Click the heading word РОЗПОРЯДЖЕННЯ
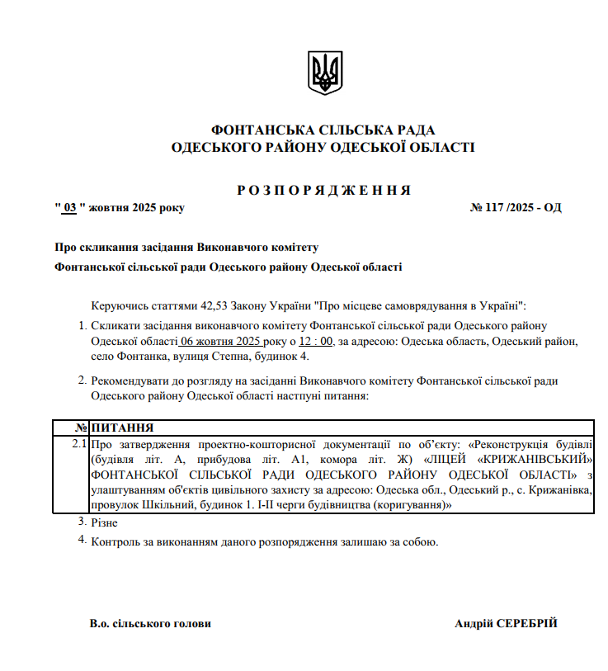click(x=323, y=191)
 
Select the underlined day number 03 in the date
click(x=70, y=207)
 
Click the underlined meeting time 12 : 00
click(x=315, y=341)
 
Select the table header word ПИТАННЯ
click(x=123, y=428)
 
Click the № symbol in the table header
click(x=81, y=428)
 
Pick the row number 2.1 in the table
click(x=79, y=445)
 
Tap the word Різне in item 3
click(x=105, y=523)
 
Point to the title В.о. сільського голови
click(x=150, y=624)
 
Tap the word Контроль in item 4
click(x=114, y=542)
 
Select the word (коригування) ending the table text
click(x=411, y=504)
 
